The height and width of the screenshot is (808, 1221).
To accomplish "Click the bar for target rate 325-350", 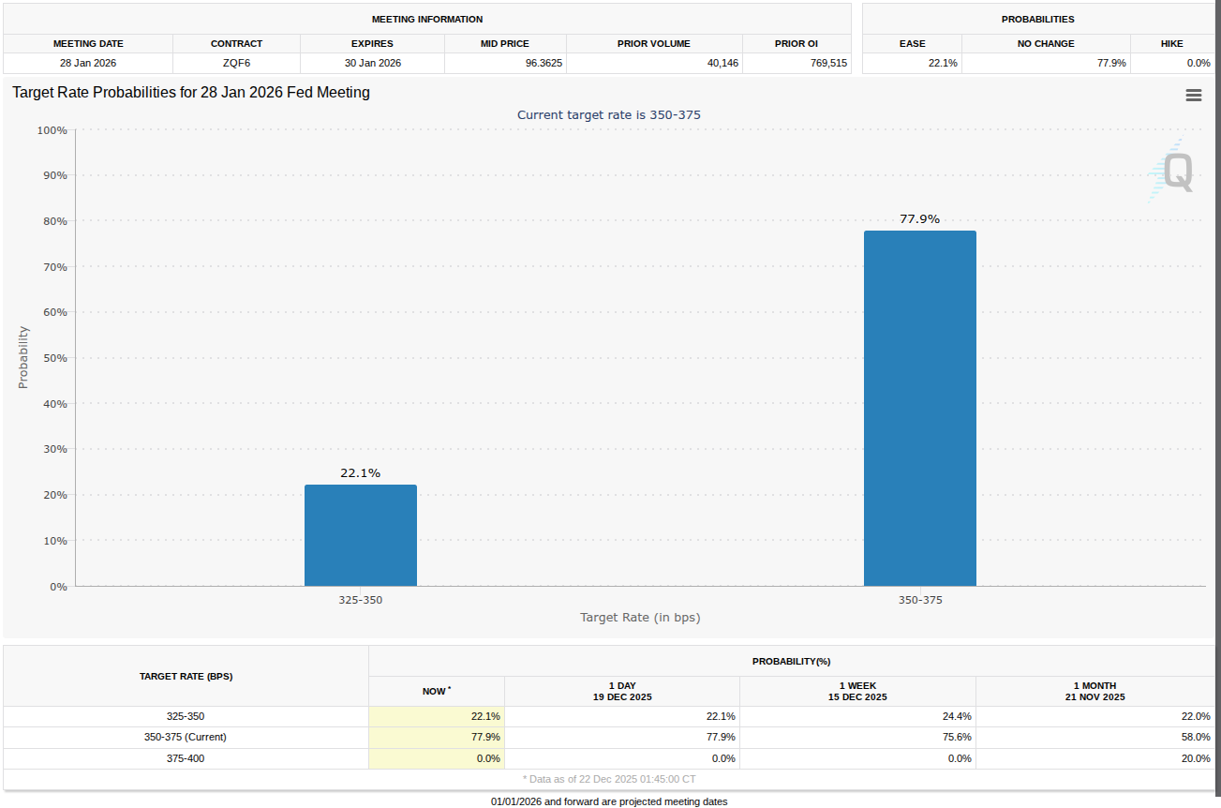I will [x=361, y=535].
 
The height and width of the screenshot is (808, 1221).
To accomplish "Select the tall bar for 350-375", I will [x=919, y=409].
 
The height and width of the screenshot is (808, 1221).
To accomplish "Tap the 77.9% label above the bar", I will [x=919, y=219].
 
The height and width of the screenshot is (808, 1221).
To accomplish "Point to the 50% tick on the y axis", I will [x=52, y=358].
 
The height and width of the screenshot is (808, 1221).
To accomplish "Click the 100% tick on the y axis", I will [x=52, y=130].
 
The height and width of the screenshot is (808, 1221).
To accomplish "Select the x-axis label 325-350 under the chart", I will [x=361, y=600].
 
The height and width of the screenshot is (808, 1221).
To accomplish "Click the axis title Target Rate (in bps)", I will [x=640, y=618].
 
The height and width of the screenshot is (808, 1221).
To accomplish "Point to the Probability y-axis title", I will [x=23, y=357].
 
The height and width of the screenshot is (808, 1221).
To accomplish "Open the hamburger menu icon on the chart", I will [x=1193, y=96].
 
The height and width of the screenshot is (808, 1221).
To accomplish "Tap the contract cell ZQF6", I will [x=236, y=63].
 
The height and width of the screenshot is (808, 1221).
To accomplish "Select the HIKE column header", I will [x=1171, y=44].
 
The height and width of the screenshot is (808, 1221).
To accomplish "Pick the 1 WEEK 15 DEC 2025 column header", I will [x=857, y=692].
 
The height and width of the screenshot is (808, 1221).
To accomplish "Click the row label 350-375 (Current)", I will [x=186, y=737].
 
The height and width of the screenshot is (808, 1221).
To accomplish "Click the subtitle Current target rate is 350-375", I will [x=609, y=115].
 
